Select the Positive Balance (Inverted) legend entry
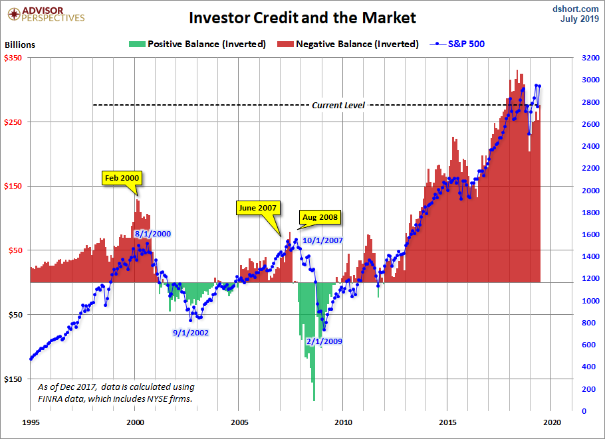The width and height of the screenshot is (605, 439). pos(199,44)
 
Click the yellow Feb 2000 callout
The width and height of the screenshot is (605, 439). pos(122,178)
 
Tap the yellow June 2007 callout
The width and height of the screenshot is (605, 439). pos(258,207)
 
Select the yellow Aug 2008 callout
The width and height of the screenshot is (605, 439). pos(320,217)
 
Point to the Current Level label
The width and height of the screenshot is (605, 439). pos(338,105)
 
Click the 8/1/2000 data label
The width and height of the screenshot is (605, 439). pos(153,234)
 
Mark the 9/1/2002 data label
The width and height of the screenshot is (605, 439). pos(191,332)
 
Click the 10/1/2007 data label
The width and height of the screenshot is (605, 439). pos(322,240)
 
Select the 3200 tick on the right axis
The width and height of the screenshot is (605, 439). pos(589,58)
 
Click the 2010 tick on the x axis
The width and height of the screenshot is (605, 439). pos(344,422)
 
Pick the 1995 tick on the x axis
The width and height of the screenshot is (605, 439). pos(31,422)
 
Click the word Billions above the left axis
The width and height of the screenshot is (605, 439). pos(20,45)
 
